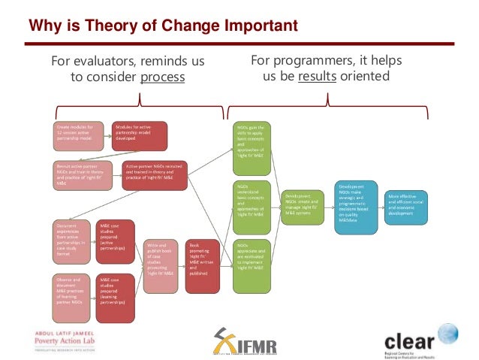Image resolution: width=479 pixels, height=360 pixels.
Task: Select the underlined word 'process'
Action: point(162,77)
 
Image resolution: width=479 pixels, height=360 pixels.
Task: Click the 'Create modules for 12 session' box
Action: point(78,135)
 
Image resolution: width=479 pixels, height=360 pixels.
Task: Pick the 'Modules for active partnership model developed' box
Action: point(139,135)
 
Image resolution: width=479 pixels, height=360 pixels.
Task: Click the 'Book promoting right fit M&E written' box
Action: point(203,259)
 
